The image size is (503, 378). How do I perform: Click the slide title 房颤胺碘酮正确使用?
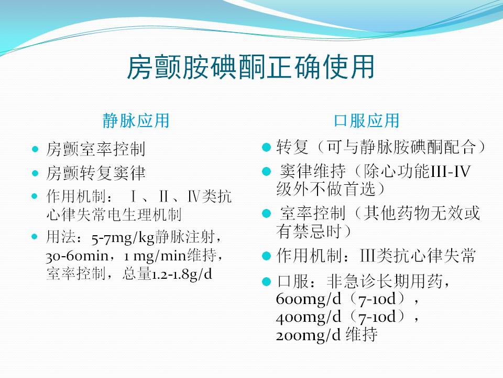pos(251,68)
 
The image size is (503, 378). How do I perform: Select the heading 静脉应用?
pos(136,121)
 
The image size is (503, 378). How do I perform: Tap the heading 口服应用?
pos(367,121)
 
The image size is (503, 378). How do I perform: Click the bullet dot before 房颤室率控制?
pos(35,150)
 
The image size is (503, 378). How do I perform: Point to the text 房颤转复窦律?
pos(96,173)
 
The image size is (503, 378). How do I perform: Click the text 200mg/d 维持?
pos(326,335)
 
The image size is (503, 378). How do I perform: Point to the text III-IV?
pos(451,171)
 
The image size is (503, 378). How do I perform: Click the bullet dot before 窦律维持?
pos(267,171)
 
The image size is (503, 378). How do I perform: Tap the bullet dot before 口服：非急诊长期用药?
pos(267,282)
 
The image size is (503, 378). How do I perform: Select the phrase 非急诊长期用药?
pos(385,281)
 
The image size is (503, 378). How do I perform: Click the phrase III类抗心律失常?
pos(418,256)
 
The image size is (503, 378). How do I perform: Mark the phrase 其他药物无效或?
pos(422,213)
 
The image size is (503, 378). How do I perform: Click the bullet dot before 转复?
pos(267,148)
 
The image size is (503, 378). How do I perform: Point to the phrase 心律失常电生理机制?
pos(114,215)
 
